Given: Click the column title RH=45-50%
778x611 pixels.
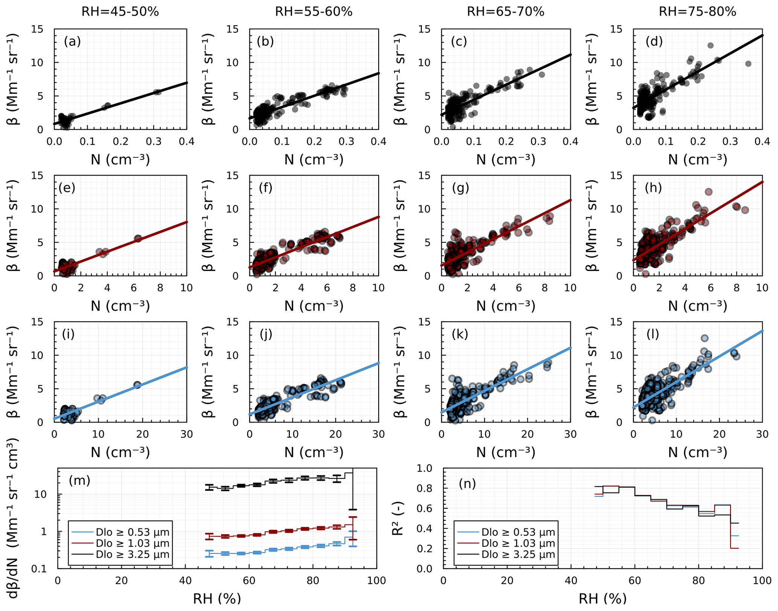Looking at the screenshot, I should coord(120,12).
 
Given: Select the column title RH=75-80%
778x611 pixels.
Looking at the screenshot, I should coord(697,12).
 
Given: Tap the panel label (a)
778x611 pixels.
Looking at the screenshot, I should coord(72,41).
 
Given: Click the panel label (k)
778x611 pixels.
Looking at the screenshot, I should coord(460,334).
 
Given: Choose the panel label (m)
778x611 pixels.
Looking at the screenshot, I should coord(79,480).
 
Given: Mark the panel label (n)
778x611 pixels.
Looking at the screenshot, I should coord(467,484).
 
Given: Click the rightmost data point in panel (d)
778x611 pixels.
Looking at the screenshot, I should coord(748,64).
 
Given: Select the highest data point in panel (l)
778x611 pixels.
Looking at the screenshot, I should coord(705,338).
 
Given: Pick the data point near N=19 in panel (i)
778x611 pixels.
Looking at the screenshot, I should coord(137,385).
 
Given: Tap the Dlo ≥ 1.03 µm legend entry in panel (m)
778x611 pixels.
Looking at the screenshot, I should coord(132,543).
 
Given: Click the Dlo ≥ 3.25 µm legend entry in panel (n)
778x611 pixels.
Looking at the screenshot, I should coord(518,554).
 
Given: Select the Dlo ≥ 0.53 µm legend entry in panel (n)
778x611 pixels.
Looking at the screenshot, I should coord(518,532).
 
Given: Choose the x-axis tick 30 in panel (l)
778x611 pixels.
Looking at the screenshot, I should coord(762,434).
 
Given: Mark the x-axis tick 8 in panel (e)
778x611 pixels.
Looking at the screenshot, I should coord(160,288).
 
